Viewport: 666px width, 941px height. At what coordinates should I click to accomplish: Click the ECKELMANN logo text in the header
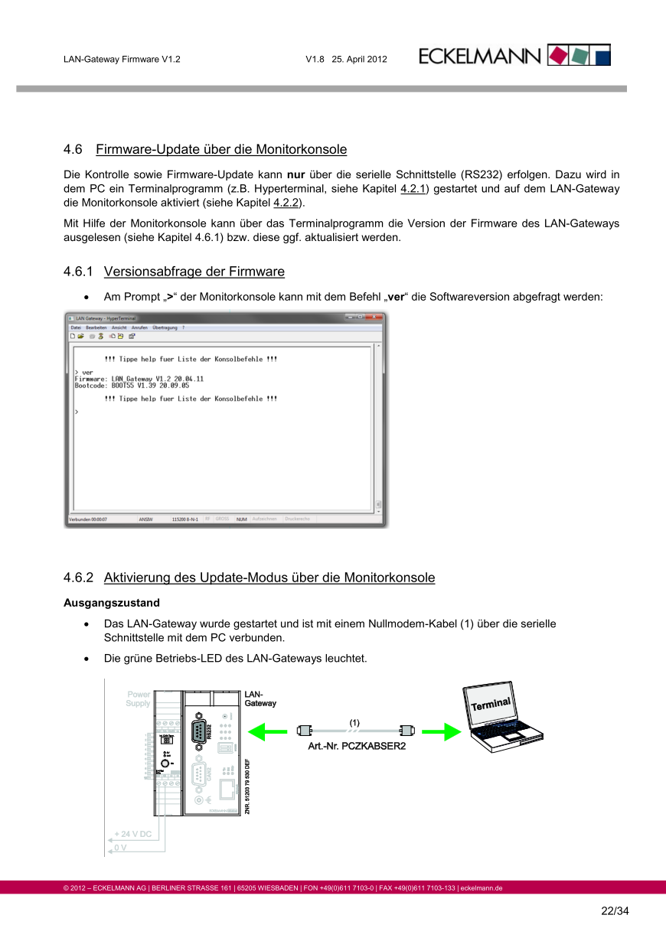481,56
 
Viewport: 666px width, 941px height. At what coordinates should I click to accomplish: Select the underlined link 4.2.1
413,188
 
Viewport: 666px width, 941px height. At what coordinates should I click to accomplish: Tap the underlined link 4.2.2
286,203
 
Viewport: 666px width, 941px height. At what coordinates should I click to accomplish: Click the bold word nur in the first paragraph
296,174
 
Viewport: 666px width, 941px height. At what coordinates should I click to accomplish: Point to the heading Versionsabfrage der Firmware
194,272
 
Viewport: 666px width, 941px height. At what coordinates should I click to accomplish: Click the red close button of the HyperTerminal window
377,317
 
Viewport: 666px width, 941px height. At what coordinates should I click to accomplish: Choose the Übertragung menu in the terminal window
164,327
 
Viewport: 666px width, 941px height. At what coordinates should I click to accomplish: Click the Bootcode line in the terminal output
132,386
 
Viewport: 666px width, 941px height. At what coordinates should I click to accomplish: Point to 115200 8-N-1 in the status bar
185,519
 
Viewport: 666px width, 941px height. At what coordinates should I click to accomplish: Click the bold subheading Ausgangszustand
112,603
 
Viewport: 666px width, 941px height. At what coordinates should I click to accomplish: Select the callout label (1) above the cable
354,722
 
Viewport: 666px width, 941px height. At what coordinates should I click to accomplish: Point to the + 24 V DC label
133,834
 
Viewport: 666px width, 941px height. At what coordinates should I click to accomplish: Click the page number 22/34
614,911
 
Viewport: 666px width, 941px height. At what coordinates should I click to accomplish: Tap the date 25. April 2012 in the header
359,59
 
